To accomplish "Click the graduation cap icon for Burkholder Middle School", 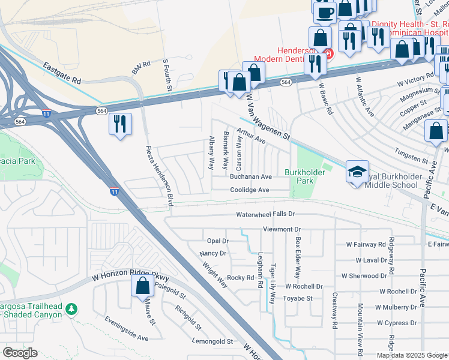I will coord(357,172).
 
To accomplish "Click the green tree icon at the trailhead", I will coord(71,309).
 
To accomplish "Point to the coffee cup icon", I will coord(325,11).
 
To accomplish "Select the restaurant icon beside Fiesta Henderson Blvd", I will coord(120,124).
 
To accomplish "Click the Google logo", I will coord(20,353).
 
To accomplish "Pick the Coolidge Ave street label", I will coord(249,190).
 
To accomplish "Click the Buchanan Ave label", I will coord(251,177).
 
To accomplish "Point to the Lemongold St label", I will coord(212,341).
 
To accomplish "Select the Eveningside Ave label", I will coord(126,329).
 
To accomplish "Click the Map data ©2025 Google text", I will coord(412,356).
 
